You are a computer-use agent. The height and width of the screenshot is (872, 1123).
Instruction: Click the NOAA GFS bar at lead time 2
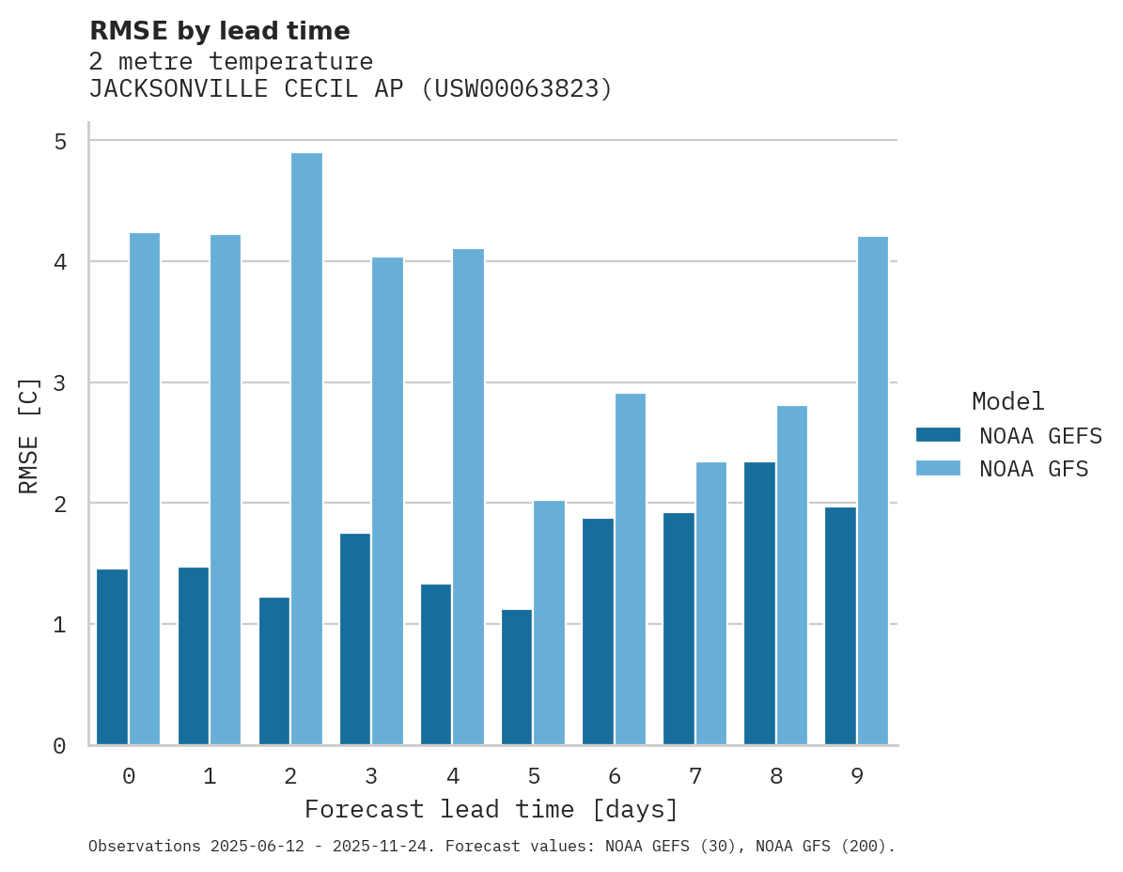click(306, 449)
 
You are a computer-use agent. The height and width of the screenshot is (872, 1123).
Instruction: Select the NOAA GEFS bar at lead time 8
click(759, 603)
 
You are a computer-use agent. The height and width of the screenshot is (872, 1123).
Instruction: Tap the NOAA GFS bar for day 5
click(549, 622)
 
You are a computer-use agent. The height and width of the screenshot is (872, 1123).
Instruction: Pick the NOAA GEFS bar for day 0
click(112, 657)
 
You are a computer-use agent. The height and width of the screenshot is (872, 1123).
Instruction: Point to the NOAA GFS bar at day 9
click(872, 490)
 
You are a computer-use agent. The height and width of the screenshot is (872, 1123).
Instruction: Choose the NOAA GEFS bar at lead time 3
click(355, 639)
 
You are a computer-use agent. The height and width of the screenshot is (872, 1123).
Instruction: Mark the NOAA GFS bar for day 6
click(630, 569)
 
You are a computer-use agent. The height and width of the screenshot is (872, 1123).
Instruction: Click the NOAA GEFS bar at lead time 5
click(517, 677)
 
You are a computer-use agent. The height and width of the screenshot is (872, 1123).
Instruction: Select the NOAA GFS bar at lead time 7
click(710, 603)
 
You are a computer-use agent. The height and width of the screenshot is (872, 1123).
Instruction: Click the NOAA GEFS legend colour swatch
click(938, 435)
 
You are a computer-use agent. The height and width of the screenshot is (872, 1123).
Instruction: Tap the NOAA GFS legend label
click(1034, 469)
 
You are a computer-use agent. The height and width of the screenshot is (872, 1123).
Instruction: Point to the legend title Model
click(1007, 401)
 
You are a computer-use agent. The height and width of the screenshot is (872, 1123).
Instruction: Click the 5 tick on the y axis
click(60, 141)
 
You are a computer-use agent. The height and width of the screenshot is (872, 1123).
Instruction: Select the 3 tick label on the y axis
click(60, 383)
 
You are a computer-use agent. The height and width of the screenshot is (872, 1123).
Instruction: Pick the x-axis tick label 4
click(452, 776)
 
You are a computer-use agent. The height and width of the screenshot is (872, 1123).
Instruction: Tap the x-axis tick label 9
click(856, 776)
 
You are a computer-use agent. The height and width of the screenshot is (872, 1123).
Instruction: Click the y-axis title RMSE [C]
click(29, 435)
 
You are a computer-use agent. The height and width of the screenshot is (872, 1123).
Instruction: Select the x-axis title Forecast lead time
click(491, 809)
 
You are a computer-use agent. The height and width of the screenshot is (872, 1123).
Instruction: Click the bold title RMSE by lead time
click(219, 31)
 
